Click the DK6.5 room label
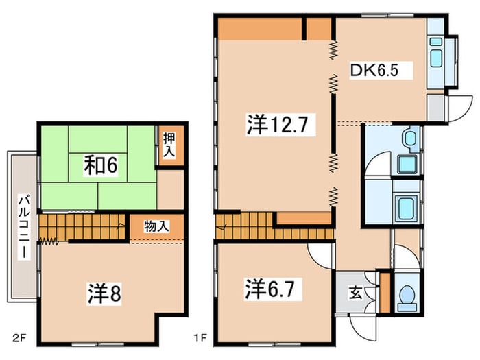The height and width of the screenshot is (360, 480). (x=374, y=71)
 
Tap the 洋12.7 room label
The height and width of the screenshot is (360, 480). (x=277, y=125)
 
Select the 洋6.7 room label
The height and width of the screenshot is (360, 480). (x=270, y=289)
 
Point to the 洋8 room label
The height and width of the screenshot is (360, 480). (x=104, y=293)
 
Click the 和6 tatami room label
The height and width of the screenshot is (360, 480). (x=101, y=165)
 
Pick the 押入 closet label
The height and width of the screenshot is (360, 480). (x=169, y=145)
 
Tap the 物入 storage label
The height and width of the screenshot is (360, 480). (x=156, y=226)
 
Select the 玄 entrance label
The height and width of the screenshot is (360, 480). (x=355, y=293)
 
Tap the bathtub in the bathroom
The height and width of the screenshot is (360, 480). (x=406, y=208)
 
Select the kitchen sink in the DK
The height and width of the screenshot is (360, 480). (x=435, y=58)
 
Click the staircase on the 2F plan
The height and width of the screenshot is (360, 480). (x=82, y=227)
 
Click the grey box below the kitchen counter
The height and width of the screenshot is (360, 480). (x=435, y=108)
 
